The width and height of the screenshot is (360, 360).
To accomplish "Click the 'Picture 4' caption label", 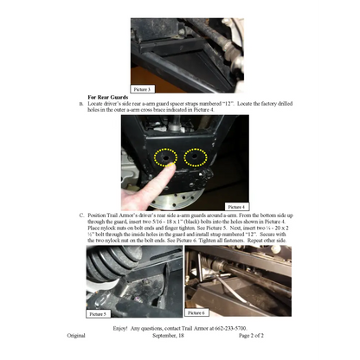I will coord(236,207).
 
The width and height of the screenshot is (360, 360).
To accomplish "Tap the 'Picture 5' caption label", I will coord(99,312).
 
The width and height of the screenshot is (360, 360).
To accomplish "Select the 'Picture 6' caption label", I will coord(196,312).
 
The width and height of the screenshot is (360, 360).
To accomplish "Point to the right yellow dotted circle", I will coord(196,157).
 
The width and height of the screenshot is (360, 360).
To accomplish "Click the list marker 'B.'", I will coord(81,103).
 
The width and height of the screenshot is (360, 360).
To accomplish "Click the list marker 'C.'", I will coord(81,215).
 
